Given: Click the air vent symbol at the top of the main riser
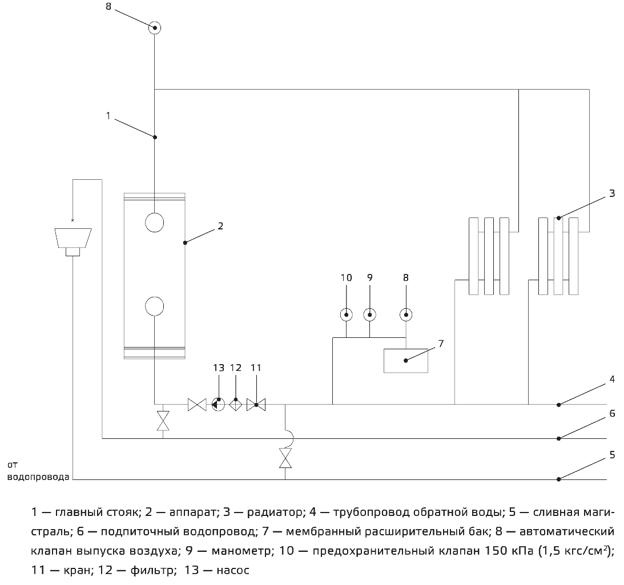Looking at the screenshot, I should (154, 27).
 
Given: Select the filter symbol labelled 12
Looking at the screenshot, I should (236, 405).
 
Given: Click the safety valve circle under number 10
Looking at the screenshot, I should (347, 314).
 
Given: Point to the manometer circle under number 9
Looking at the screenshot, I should (369, 314).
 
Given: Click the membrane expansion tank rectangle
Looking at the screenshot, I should (406, 360).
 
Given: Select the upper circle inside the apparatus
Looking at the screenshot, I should (154, 222).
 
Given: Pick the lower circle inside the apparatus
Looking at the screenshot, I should (154, 306).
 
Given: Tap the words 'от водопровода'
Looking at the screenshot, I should (38, 471).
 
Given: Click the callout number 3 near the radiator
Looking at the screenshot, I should (612, 193).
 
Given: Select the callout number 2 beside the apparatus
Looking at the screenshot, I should (220, 226).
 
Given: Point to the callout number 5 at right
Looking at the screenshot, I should (612, 455).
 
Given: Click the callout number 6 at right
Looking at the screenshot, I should (612, 413).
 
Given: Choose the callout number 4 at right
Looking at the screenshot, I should (612, 378).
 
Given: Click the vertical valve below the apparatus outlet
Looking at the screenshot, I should (163, 421).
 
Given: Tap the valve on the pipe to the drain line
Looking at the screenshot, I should (285, 458).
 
